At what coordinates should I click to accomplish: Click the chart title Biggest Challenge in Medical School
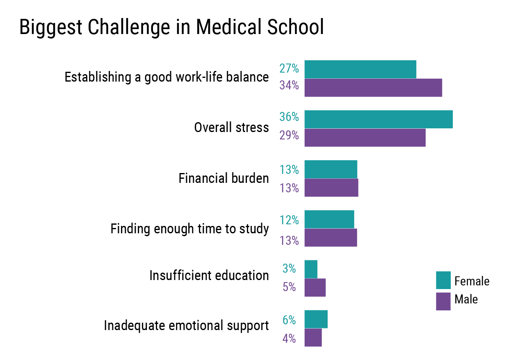171,27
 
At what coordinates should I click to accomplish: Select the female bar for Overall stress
378,119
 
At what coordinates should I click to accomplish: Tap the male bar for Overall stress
365,138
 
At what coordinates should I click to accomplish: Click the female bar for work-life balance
360,69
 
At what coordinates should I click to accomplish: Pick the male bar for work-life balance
373,87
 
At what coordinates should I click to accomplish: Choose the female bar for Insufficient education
311,269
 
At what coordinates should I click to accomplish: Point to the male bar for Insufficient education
315,287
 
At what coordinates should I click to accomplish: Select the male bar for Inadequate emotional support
313,337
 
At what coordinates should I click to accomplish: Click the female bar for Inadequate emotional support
316,319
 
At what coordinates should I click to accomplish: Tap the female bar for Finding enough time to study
329,219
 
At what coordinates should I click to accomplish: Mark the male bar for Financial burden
331,188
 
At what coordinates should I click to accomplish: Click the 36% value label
289,117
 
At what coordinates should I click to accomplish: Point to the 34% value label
289,85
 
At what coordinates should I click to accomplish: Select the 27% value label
289,68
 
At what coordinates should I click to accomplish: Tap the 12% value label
289,221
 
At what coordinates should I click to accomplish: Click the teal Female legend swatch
443,280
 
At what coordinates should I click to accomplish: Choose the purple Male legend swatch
443,301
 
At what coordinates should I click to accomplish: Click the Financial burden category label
223,179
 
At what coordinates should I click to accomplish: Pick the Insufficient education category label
209,276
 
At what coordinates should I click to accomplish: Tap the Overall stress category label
231,128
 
